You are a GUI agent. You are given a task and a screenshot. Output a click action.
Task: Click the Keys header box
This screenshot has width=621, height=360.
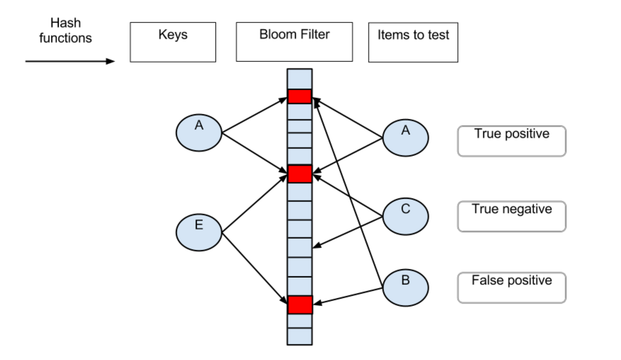tap(173, 42)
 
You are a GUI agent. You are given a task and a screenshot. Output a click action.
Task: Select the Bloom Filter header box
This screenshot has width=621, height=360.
tap(294, 42)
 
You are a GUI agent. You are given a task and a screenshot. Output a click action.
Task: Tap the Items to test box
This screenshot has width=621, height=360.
tap(413, 42)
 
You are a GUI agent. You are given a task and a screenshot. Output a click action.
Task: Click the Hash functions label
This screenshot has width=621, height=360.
tap(66, 31)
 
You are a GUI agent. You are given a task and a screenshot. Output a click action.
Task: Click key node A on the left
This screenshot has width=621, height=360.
tap(199, 133)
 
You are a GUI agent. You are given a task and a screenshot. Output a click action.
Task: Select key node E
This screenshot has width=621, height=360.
tap(199, 232)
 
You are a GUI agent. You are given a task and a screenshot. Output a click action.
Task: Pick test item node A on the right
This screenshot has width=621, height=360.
tap(405, 138)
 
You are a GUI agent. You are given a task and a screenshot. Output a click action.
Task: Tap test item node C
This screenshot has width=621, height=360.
tap(405, 216)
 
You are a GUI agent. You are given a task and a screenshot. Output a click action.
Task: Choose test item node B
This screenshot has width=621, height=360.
tap(405, 288)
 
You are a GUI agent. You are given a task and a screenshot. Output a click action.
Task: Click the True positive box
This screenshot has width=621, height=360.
tap(512, 141)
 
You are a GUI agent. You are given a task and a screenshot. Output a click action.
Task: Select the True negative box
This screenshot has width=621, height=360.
tap(512, 216)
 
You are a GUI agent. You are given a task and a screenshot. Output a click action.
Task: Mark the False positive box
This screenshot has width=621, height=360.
tap(512, 288)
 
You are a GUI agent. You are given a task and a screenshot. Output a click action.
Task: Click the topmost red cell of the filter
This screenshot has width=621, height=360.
tap(300, 96)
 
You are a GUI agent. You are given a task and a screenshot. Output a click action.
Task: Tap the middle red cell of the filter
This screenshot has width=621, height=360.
tap(300, 174)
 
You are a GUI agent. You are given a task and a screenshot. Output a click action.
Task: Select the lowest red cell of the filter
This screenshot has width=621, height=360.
tap(300, 305)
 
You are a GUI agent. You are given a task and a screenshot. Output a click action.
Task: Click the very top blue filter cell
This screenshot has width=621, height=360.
tap(300, 79)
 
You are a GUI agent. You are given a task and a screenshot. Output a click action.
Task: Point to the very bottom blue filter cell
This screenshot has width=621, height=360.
tap(300, 336)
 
